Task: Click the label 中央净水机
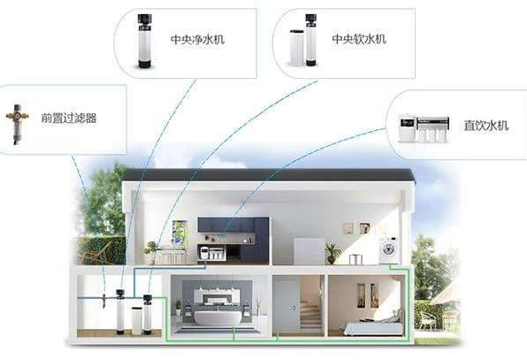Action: tap(197, 39)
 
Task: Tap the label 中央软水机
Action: tap(359, 39)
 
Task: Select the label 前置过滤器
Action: tap(69, 118)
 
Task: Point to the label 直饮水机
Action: tap(486, 126)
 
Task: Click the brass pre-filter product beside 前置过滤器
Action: tap(17, 123)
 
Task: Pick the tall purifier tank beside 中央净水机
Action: tap(145, 41)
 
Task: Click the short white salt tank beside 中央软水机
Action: tap(296, 48)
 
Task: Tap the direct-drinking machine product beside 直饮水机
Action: tap(424, 128)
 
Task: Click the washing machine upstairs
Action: tap(390, 250)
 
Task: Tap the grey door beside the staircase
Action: tap(286, 307)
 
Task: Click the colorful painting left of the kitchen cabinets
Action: tap(179, 233)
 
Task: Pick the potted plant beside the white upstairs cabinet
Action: tap(332, 253)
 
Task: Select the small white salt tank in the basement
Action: tap(137, 320)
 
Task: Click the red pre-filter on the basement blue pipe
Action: tap(103, 301)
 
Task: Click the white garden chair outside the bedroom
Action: tap(426, 320)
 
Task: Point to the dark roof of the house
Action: tap(269, 175)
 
